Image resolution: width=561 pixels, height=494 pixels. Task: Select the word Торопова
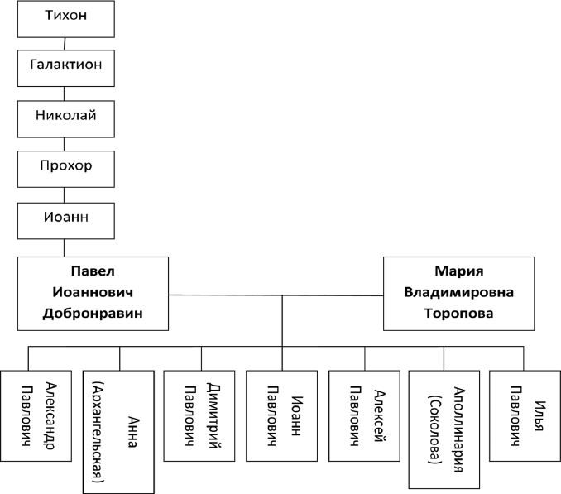(x=458, y=314)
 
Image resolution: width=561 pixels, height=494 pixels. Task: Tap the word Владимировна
(x=458, y=293)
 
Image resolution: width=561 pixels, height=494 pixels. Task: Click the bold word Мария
(x=458, y=272)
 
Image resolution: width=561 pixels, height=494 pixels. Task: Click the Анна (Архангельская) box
(x=118, y=430)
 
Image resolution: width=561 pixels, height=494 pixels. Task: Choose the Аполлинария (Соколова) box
(x=444, y=429)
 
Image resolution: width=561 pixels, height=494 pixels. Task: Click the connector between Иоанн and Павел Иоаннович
(x=65, y=247)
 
